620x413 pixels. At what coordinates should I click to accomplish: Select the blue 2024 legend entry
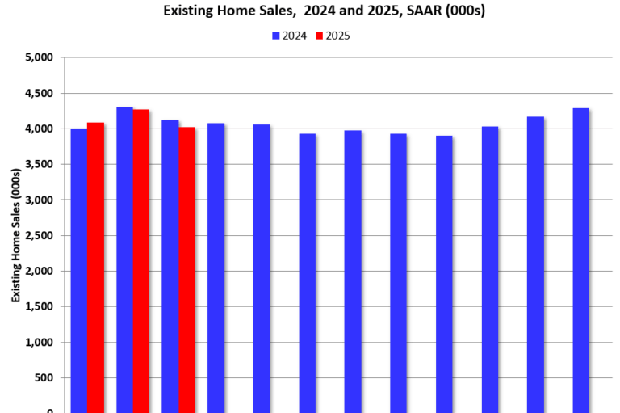[x=289, y=36]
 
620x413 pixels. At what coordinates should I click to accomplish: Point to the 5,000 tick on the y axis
[x=38, y=57]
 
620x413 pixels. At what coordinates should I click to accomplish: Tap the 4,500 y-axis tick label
[x=38, y=93]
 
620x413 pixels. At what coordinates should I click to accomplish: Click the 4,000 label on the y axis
[x=38, y=129]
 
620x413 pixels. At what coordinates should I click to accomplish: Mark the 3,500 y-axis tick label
[x=38, y=164]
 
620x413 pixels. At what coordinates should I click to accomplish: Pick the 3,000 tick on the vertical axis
[x=38, y=200]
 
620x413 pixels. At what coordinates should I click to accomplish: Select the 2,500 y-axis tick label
[x=38, y=235]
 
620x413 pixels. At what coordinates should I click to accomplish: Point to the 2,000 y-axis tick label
[x=38, y=271]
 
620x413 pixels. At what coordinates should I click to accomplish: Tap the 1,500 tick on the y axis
[x=38, y=306]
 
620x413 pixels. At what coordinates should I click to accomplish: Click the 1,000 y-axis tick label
[x=38, y=342]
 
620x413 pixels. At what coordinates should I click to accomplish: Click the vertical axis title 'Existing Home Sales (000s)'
[x=15, y=234]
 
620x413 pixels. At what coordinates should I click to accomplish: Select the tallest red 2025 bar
[x=140, y=259]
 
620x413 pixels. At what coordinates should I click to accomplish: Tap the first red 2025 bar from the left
[x=95, y=267]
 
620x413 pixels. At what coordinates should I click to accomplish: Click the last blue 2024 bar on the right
[x=580, y=259]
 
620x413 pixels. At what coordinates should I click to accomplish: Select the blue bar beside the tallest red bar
[x=124, y=259]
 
